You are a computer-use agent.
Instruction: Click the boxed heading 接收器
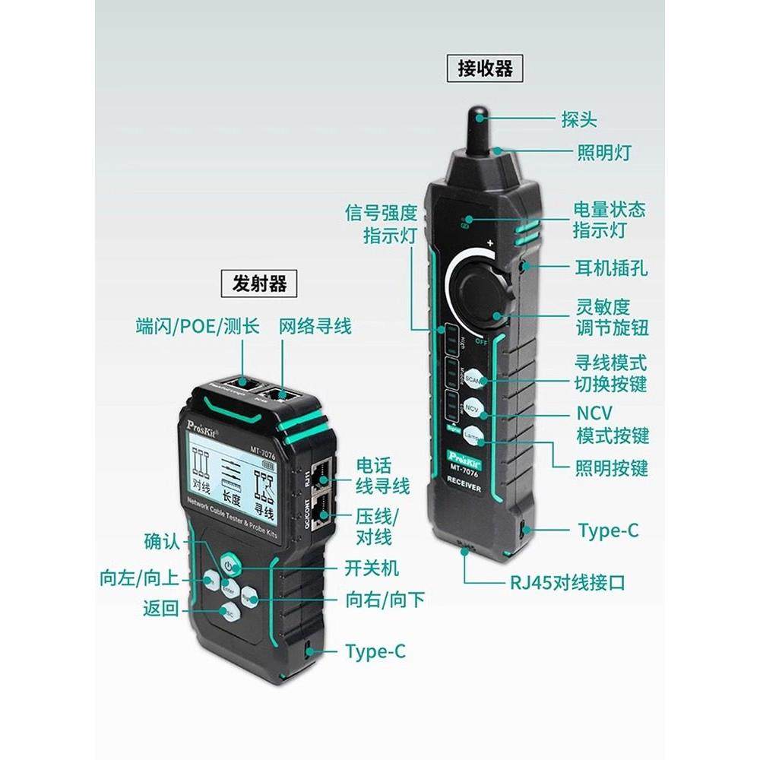click(x=486, y=68)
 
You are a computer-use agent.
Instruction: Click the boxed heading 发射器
click(x=259, y=284)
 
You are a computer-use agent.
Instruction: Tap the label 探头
click(x=579, y=119)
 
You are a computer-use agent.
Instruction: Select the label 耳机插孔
click(x=611, y=268)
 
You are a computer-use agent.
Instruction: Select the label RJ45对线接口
click(x=568, y=583)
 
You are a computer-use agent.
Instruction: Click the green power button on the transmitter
click(x=230, y=565)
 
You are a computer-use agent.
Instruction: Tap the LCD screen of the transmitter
click(x=233, y=479)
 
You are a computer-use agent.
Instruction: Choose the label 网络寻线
click(x=315, y=327)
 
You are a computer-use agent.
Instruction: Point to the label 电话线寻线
click(x=382, y=475)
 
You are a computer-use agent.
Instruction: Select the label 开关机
click(x=372, y=568)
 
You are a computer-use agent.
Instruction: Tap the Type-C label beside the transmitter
click(x=375, y=652)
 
